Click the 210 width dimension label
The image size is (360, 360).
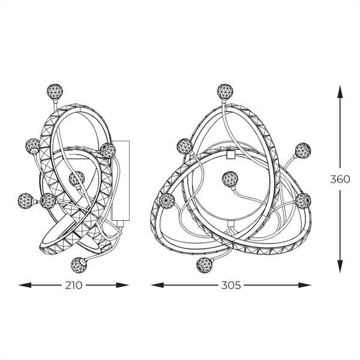click(x=74, y=285)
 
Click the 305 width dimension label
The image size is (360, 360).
click(x=231, y=285)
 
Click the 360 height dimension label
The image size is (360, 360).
click(x=340, y=179)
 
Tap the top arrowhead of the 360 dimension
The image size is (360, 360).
click(x=340, y=91)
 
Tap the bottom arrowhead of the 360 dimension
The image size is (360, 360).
click(x=340, y=266)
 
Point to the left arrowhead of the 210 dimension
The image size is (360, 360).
click(x=25, y=285)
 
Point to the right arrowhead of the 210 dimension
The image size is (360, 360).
click(x=122, y=285)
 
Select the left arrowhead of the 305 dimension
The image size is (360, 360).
click(x=157, y=285)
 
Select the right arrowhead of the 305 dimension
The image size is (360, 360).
click(x=305, y=285)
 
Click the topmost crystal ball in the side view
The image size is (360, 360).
click(x=55, y=92)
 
